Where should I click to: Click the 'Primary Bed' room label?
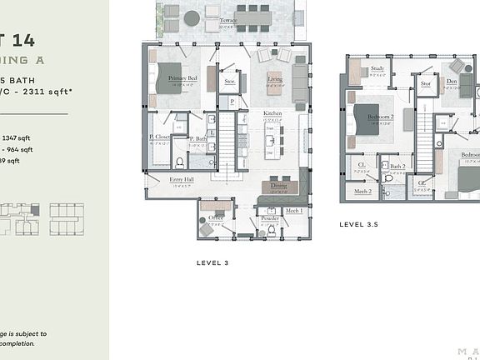pos(182,78)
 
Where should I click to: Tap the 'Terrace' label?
pos(227,20)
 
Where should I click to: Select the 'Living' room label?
pos(274,78)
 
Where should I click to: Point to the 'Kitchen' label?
pos(272,113)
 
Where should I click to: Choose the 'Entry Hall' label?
pos(182,179)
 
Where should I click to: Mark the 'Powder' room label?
pos(269,218)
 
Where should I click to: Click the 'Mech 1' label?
pos(293,211)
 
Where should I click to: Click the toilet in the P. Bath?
pos(178,162)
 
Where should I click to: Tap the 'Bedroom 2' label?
pos(380,117)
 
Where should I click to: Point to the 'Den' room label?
pos(451,82)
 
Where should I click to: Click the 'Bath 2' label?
pos(397,167)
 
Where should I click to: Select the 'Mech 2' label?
pos(362,191)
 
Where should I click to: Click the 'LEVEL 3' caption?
pos(212,262)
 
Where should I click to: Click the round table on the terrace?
pos(192,17)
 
